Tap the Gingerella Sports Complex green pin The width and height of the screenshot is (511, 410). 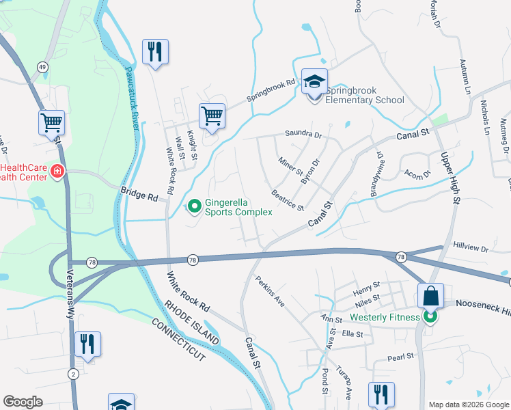(x=195, y=205)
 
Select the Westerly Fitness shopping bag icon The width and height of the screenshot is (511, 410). (x=430, y=297)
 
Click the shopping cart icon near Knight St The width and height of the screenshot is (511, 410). (x=212, y=115)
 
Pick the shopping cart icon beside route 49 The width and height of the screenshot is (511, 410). (x=51, y=123)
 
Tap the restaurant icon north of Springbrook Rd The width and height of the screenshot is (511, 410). (x=155, y=52)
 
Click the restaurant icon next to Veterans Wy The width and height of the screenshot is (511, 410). (x=87, y=344)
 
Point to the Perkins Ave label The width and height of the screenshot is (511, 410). (x=269, y=290)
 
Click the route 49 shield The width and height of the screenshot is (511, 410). (x=42, y=67)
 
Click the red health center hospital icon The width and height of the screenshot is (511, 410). (x=57, y=171)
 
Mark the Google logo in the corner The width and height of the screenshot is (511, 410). (x=23, y=402)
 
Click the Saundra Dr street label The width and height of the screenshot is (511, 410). (x=303, y=135)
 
